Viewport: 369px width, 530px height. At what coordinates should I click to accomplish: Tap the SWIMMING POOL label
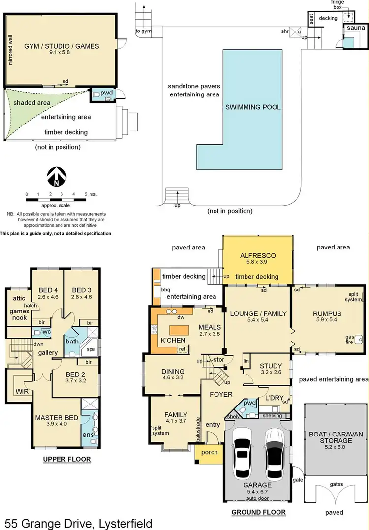pyautogui.click(x=253, y=107)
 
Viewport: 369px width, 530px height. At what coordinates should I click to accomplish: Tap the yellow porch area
pyautogui.click(x=206, y=452)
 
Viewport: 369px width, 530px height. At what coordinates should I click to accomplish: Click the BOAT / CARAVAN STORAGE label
pyautogui.click(x=336, y=437)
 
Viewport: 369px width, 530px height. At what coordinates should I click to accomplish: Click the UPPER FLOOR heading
pyautogui.click(x=67, y=460)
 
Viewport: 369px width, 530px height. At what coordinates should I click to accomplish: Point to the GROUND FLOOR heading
pyautogui.click(x=258, y=512)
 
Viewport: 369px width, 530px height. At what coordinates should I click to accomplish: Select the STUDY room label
pyautogui.click(x=271, y=366)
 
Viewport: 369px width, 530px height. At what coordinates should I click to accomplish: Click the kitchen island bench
pyautogui.click(x=180, y=329)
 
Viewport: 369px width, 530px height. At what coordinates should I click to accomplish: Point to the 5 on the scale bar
pyautogui.click(x=86, y=194)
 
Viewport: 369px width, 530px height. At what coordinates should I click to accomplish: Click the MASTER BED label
pyautogui.click(x=57, y=418)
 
